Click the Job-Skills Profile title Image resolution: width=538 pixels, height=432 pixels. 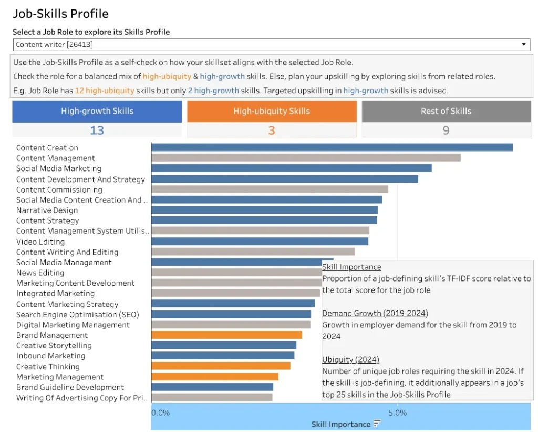pyautogui.click(x=60, y=14)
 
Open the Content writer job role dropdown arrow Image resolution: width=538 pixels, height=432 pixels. pyautogui.click(x=523, y=45)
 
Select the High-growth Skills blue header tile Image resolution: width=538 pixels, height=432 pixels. pyautogui.click(x=97, y=111)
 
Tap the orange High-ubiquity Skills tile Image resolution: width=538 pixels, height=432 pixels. pyautogui.click(x=272, y=111)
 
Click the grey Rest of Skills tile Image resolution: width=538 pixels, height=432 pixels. pyautogui.click(x=446, y=111)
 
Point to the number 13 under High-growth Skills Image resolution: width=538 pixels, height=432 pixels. pyautogui.click(x=97, y=130)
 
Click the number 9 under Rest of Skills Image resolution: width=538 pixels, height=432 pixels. pyautogui.click(x=446, y=130)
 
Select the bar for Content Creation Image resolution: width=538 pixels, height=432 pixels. pyautogui.click(x=332, y=147)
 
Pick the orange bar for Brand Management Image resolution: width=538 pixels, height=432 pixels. pyautogui.click(x=226, y=335)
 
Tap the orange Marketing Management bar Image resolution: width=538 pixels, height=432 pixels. pyautogui.click(x=214, y=377)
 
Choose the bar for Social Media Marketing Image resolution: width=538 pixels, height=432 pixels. pyautogui.click(x=291, y=168)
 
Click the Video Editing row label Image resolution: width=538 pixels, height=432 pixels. pyautogui.click(x=40, y=242)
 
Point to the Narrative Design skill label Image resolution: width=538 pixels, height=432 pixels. pyautogui.click(x=47, y=210)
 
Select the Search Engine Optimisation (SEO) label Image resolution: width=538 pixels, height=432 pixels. pyautogui.click(x=78, y=315)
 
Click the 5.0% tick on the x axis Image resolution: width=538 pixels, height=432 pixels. pyautogui.click(x=397, y=413)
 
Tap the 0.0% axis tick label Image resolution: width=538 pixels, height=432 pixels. pyautogui.click(x=161, y=413)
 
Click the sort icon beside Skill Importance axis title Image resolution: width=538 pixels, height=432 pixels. pyautogui.click(x=377, y=424)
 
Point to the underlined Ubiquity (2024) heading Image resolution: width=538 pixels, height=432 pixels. pyautogui.click(x=350, y=359)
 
